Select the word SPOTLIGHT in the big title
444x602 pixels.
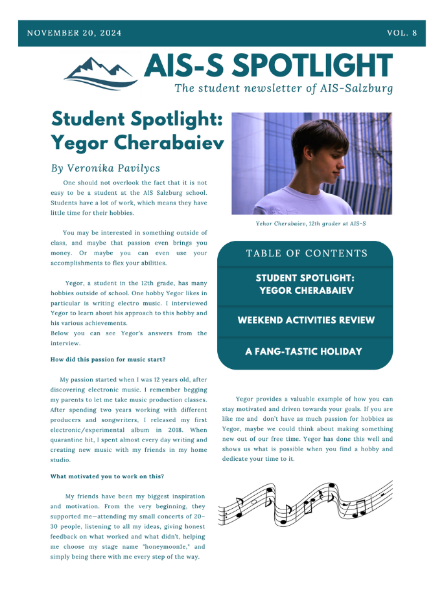point(312,65)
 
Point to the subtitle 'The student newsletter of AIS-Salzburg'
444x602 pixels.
point(283,88)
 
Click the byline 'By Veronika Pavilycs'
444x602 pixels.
point(105,168)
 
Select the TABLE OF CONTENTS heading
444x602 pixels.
point(307,253)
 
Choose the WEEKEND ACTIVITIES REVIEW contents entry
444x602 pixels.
point(305,320)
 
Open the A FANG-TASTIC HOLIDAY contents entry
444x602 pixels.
point(303,351)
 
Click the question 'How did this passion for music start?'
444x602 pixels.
point(108,359)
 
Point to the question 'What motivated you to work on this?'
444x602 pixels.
point(107,476)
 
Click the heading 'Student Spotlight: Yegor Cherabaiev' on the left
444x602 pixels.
point(137,130)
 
